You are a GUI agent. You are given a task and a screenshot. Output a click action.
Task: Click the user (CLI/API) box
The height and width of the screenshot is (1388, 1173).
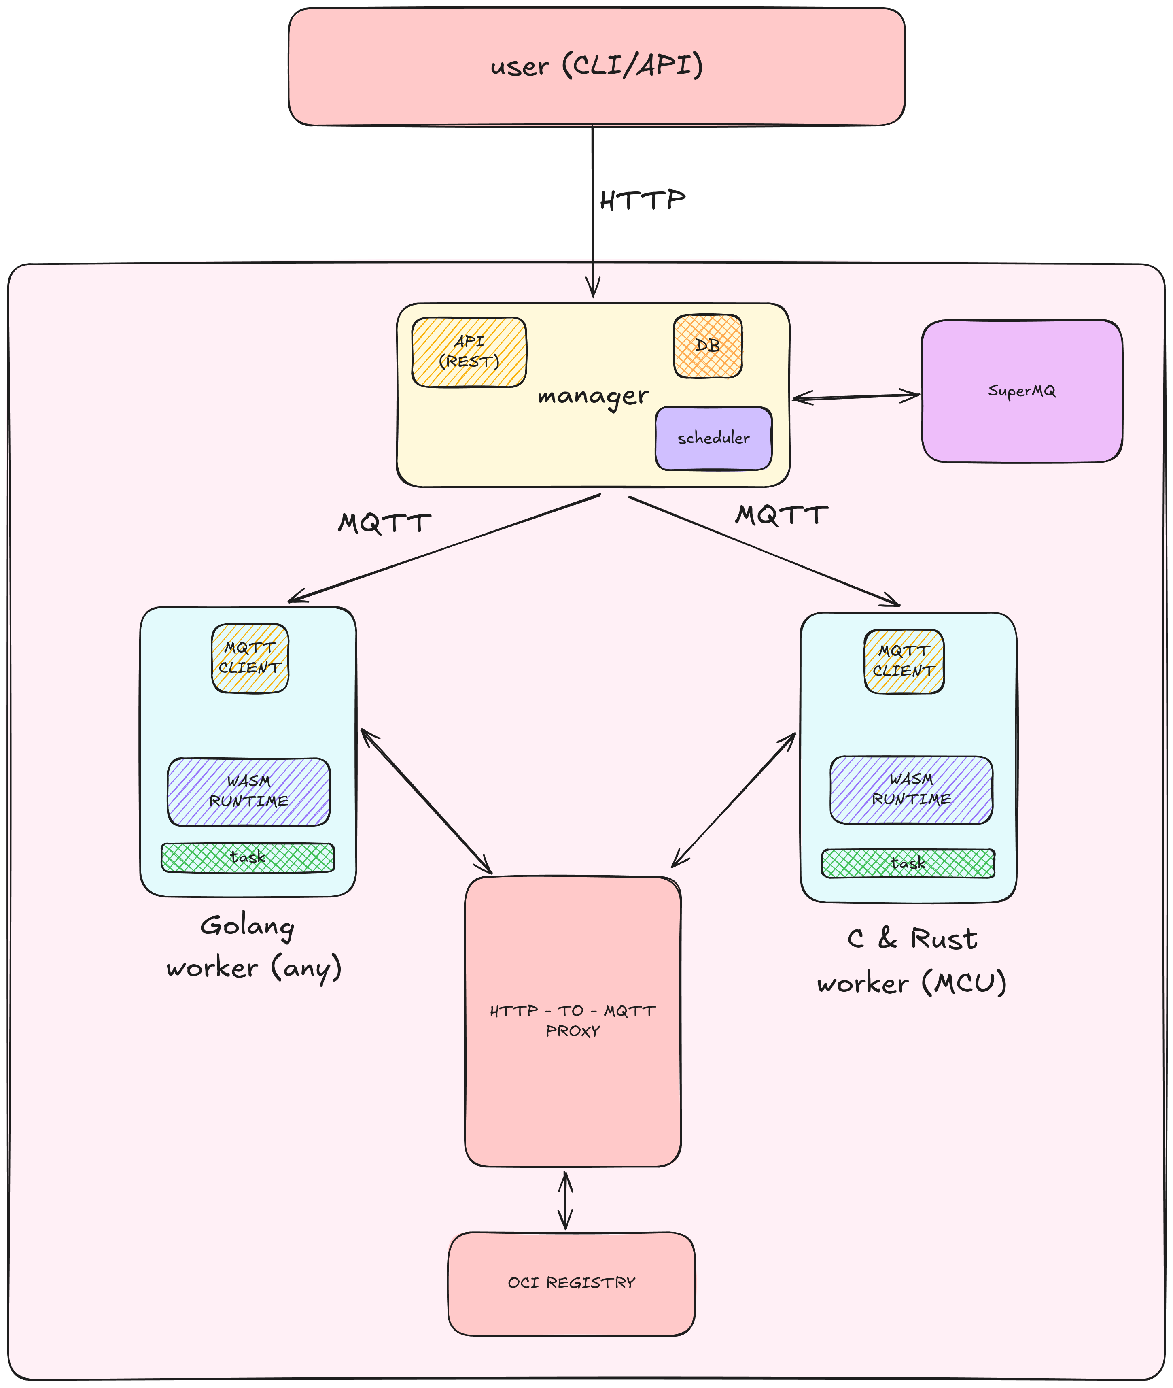tap(596, 66)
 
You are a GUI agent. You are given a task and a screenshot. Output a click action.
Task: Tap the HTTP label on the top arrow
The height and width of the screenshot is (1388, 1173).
tap(642, 200)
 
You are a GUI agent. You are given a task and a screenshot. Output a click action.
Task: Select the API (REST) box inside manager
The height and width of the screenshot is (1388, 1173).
tap(469, 352)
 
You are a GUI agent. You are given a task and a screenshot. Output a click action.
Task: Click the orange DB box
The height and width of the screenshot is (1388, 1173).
tap(708, 346)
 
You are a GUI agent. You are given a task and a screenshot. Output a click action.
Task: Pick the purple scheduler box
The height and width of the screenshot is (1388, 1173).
tap(713, 438)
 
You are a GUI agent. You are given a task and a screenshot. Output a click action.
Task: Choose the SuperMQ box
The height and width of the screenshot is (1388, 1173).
tap(1021, 391)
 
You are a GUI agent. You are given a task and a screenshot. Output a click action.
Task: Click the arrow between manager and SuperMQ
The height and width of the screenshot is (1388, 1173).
tap(856, 397)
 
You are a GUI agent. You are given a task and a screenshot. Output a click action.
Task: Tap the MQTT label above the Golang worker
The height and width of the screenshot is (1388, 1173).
tap(384, 523)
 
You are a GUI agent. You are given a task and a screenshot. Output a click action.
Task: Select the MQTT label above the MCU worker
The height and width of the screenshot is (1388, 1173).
tap(781, 515)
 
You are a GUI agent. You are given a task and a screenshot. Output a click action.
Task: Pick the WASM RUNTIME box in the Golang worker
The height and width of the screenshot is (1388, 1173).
tap(249, 791)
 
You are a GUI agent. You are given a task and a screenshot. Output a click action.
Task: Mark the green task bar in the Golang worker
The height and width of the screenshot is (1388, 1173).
tap(247, 857)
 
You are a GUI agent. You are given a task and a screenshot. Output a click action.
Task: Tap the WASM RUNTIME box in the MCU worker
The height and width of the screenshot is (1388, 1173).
tap(911, 789)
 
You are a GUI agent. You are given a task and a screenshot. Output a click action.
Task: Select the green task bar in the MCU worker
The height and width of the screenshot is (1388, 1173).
tap(908, 863)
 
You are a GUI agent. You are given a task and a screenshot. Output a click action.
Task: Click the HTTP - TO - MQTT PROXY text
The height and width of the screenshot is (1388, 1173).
tap(573, 1021)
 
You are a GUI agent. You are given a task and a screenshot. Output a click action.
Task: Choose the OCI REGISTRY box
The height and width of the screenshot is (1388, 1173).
tap(571, 1283)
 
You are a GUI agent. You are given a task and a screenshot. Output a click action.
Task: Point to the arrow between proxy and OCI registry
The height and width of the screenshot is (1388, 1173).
tap(565, 1201)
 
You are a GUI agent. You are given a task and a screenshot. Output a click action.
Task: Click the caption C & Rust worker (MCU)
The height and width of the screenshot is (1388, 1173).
tap(912, 961)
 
